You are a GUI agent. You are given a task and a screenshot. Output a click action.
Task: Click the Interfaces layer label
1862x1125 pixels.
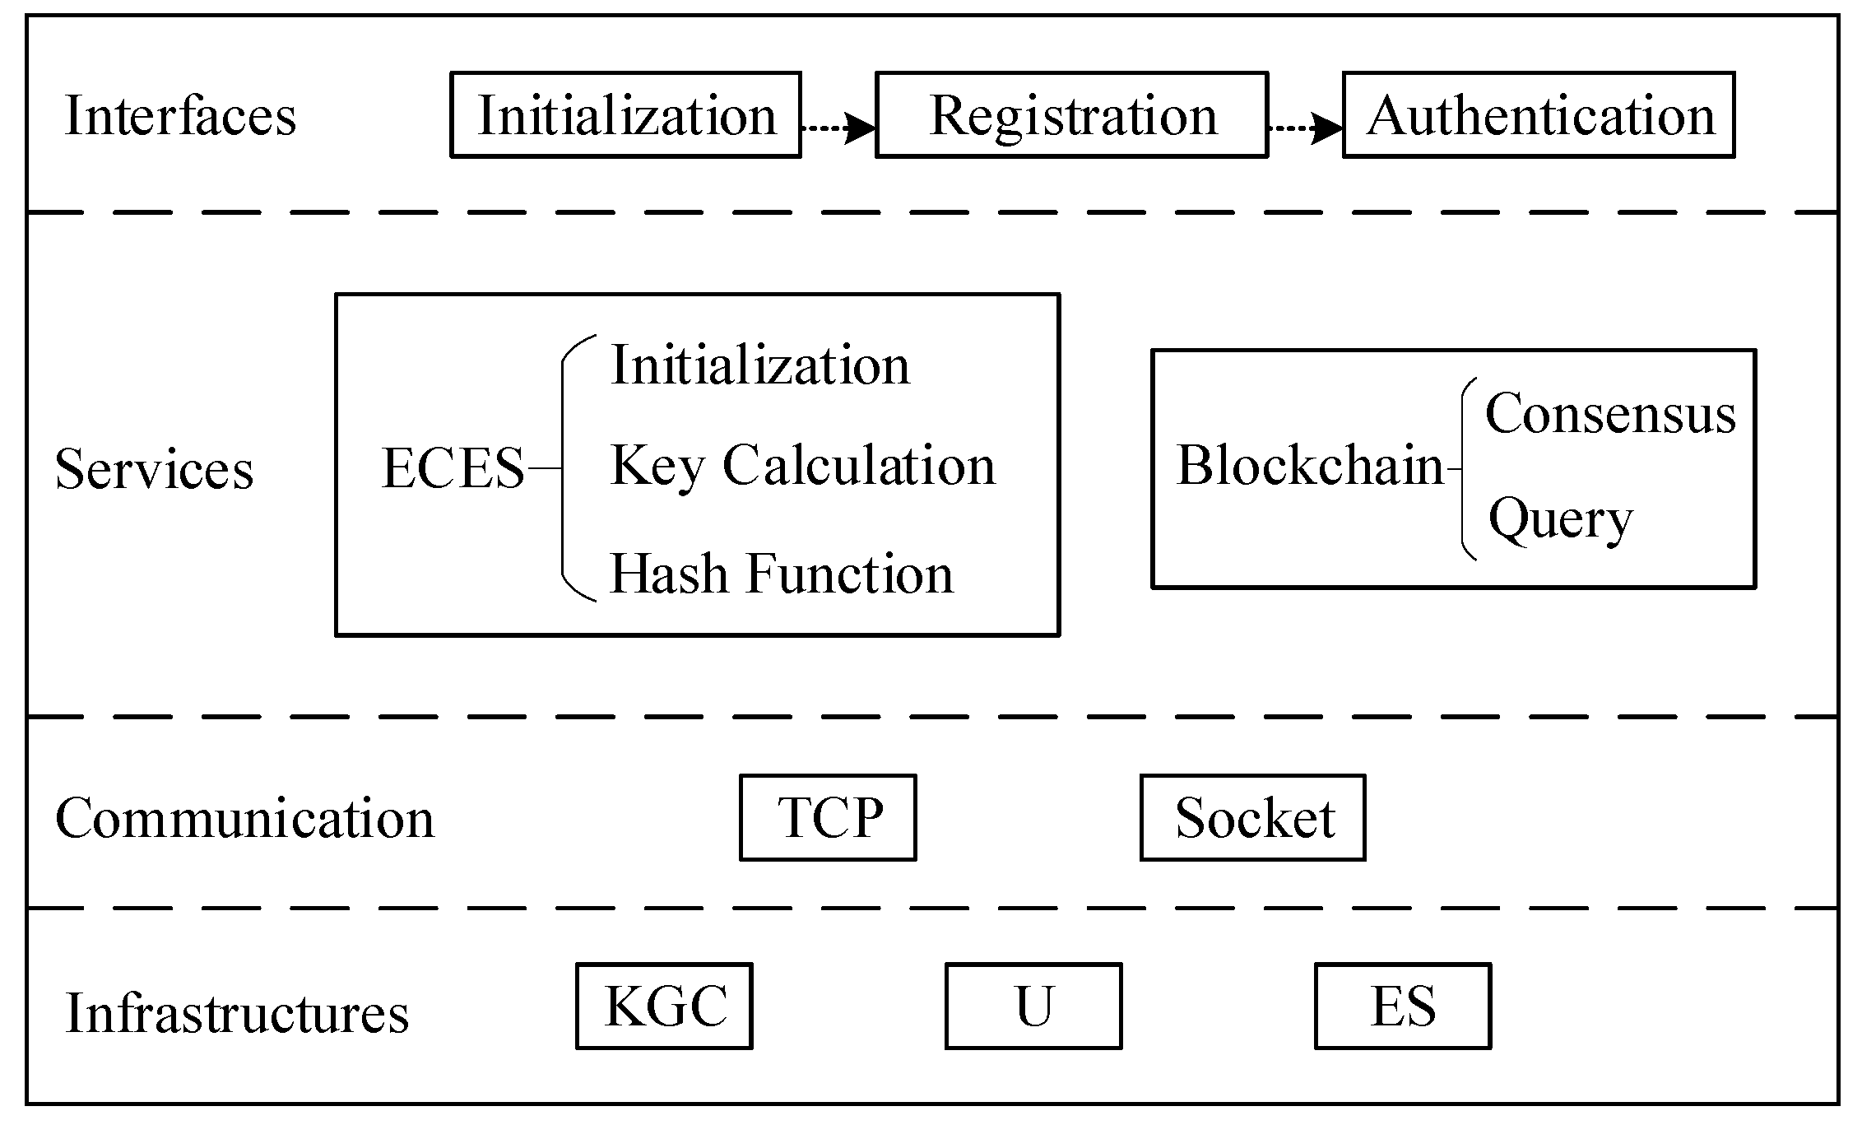click(180, 116)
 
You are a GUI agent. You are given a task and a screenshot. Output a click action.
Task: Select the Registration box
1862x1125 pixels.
click(1071, 115)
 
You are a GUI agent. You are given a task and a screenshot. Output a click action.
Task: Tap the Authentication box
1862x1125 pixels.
click(1539, 115)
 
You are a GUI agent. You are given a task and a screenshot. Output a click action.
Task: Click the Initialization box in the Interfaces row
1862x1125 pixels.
click(626, 115)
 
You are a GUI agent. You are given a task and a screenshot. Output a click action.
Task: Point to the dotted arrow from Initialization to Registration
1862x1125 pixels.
click(838, 128)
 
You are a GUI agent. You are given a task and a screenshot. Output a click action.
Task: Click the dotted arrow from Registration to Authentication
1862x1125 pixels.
click(1305, 128)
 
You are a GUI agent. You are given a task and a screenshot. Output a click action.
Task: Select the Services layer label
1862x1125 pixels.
click(154, 470)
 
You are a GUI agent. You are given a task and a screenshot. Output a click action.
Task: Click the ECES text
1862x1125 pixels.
click(453, 468)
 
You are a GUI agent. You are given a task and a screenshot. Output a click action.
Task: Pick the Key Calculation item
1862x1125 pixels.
click(802, 466)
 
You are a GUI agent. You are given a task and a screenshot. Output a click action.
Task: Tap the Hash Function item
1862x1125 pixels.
click(781, 574)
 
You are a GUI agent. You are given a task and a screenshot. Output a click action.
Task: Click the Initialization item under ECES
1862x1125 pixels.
click(760, 365)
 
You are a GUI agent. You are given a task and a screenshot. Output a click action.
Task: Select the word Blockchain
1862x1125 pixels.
click(1310, 466)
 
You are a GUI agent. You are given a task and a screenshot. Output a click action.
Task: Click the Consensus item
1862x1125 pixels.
click(1610, 413)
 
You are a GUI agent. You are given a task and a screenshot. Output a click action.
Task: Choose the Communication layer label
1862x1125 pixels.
click(244, 819)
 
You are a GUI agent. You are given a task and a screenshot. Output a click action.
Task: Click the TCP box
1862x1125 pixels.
click(828, 818)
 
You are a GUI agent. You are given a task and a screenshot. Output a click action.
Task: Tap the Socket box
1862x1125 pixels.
click(1252, 818)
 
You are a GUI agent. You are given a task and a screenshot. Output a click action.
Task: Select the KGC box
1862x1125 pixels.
click(664, 1006)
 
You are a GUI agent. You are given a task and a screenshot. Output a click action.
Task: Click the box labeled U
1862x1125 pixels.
click(1033, 1006)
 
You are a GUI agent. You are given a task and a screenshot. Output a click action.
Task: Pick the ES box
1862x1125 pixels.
click(1403, 1006)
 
